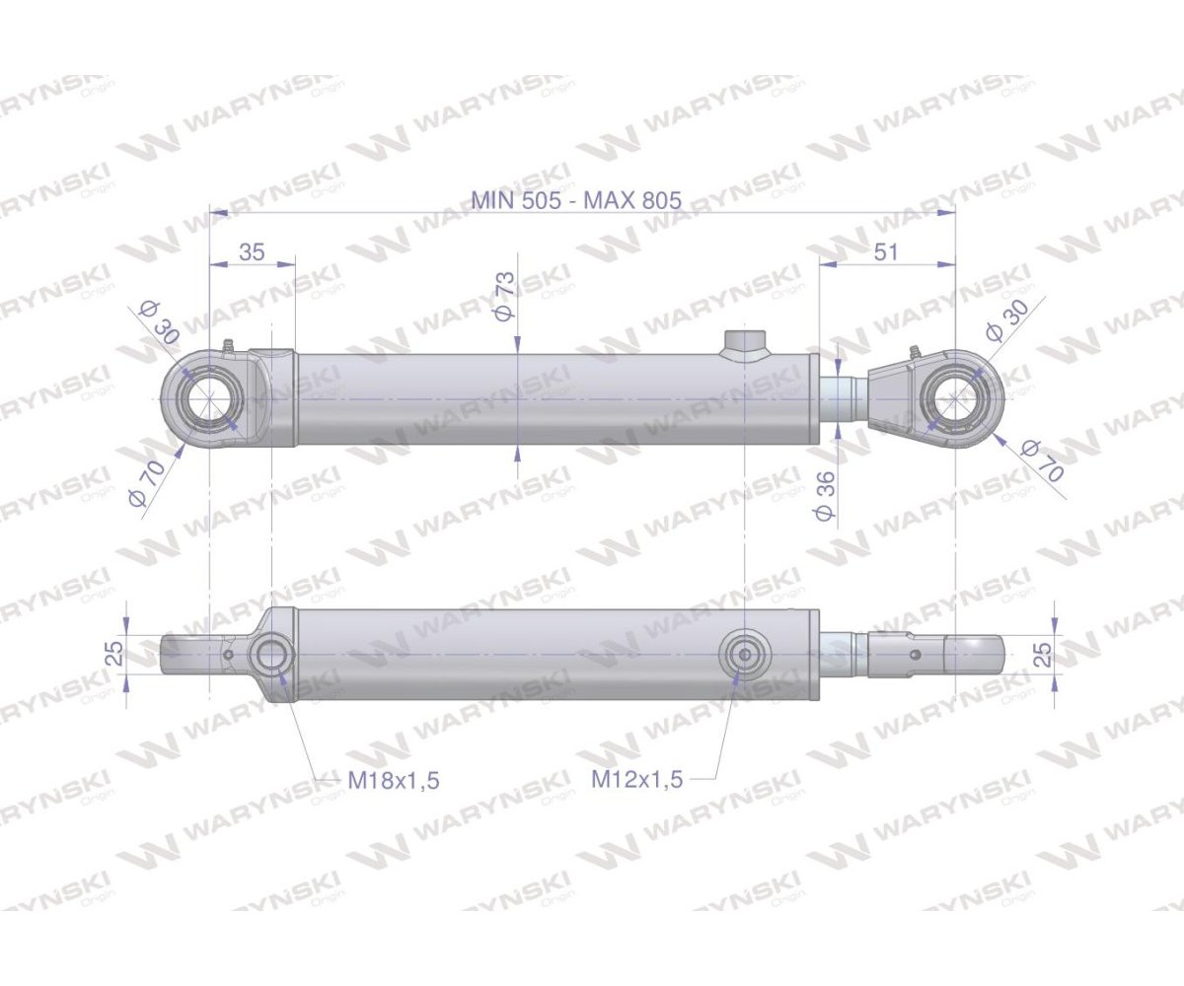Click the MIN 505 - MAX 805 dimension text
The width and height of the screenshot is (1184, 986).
pyautogui.click(x=575, y=200)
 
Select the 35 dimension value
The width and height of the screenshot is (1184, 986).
pyautogui.click(x=252, y=252)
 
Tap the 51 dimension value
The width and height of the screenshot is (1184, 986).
pyautogui.click(x=886, y=252)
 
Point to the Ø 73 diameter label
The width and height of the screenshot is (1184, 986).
pyautogui.click(x=503, y=296)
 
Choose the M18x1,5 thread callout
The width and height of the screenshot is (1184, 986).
pyautogui.click(x=394, y=780)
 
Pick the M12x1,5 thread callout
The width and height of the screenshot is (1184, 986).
pyautogui.click(x=636, y=779)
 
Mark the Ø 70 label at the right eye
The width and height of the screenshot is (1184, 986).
pyautogui.click(x=1044, y=460)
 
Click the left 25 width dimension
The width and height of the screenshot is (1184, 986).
pyautogui.click(x=115, y=653)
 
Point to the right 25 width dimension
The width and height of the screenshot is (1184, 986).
pyautogui.click(x=1043, y=653)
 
